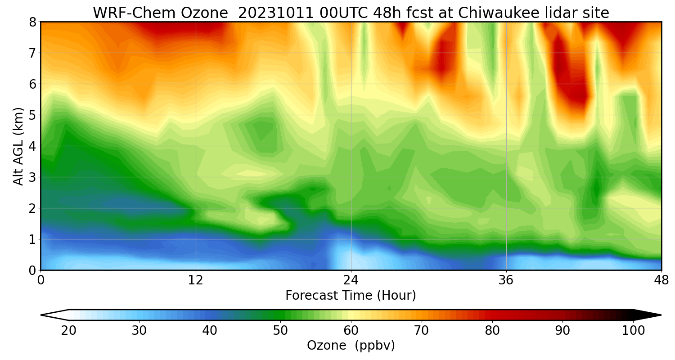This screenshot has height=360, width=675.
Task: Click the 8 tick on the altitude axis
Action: (32, 22)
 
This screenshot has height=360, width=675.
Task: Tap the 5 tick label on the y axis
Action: (32, 115)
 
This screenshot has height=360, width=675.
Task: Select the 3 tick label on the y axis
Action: (32, 177)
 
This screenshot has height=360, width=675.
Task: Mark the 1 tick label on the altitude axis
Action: (32, 239)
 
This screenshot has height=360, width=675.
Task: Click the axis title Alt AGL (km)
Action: (18, 146)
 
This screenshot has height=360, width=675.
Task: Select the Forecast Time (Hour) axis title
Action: (351, 296)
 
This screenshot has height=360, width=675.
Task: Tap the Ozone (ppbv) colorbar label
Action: (351, 345)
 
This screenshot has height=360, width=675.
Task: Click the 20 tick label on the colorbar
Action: (68, 331)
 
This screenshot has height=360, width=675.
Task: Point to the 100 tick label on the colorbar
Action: (633, 331)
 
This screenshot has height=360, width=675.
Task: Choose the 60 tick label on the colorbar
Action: (351, 331)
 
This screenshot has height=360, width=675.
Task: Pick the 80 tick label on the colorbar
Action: (492, 331)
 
